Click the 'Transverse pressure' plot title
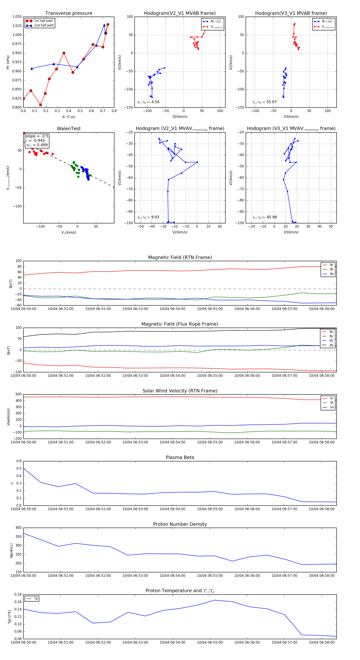pyautogui.click(x=69, y=13)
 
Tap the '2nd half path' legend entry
pyautogui.click(x=44, y=25)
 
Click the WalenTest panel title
pyautogui.click(x=69, y=129)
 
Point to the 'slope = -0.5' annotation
pyautogui.click(x=37, y=136)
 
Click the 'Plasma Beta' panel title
pyautogui.click(x=180, y=457)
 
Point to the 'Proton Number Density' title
pyautogui.click(x=180, y=524)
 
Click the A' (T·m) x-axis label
pyautogui.click(x=69, y=117)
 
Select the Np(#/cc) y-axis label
pyautogui.click(x=11, y=550)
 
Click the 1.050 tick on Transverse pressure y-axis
pyautogui.click(x=17, y=17)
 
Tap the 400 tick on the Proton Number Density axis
pyautogui.click(x=19, y=528)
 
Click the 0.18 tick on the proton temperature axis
pyautogui.click(x=18, y=594)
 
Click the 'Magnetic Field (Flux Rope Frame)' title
pyautogui.click(x=180, y=324)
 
